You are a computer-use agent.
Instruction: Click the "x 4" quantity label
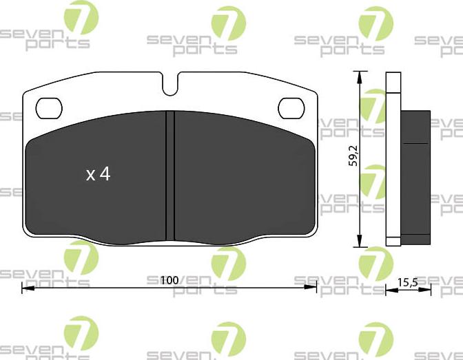click(98, 174)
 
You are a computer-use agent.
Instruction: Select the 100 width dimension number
click(169, 280)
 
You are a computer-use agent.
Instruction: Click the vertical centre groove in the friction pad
click(171, 176)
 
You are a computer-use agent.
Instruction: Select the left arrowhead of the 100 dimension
click(26, 288)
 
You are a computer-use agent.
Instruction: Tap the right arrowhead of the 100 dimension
click(313, 288)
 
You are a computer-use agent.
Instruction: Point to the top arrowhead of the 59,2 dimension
click(359, 75)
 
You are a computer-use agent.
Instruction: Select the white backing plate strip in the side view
click(394, 158)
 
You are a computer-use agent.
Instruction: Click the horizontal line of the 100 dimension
click(103, 288)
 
